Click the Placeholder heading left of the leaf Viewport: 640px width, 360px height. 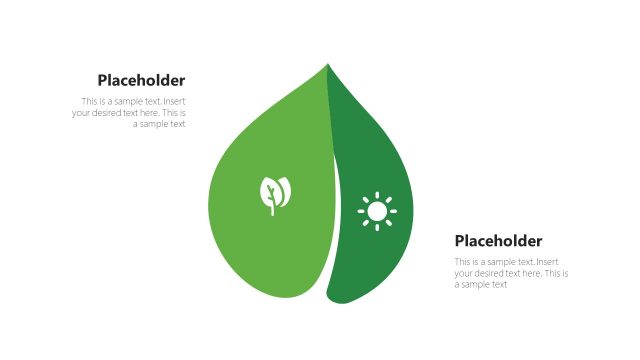click(x=141, y=81)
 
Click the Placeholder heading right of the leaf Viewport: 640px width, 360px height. click(x=498, y=241)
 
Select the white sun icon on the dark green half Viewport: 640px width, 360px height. click(x=377, y=211)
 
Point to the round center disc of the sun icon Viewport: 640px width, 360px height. click(x=377, y=211)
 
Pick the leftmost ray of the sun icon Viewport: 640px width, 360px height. click(x=360, y=211)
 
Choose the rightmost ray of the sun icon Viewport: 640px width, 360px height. click(x=394, y=211)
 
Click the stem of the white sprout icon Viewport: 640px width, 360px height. click(x=271, y=207)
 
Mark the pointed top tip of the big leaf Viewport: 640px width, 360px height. click(x=327, y=65)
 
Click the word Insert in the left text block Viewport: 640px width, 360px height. click(x=174, y=102)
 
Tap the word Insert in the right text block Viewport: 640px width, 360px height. click(x=547, y=262)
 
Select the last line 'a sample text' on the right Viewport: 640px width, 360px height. click(x=481, y=284)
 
